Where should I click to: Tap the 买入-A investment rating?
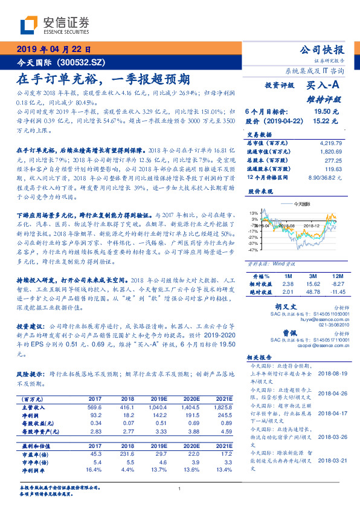click(326, 86)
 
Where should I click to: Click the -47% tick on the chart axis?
click(253, 249)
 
